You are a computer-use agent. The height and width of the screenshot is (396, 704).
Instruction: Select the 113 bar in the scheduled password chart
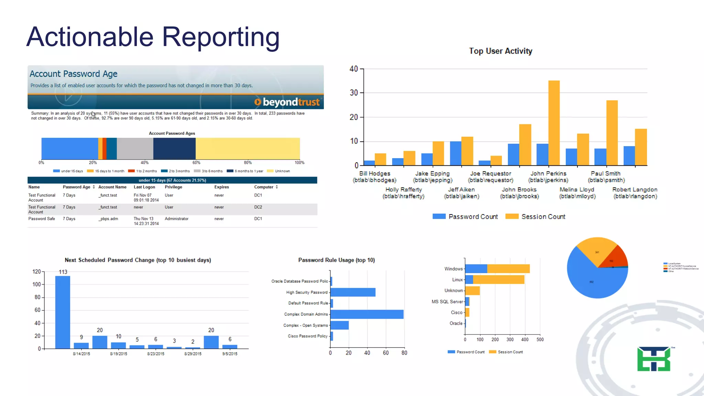pyautogui.click(x=63, y=312)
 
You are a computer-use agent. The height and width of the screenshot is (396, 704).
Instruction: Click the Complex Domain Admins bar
pyautogui.click(x=367, y=314)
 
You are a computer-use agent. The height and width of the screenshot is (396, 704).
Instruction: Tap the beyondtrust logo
pyautogui.click(x=287, y=102)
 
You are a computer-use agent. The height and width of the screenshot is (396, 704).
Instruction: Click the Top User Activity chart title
pyautogui.click(x=500, y=51)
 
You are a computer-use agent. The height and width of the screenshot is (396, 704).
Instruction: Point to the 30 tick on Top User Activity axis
pyautogui.click(x=354, y=93)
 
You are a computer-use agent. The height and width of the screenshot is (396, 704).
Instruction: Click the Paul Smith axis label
pyautogui.click(x=606, y=177)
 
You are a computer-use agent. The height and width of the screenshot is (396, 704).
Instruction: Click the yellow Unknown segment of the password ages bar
pyautogui.click(x=247, y=148)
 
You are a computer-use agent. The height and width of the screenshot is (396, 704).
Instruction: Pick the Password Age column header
pyautogui.click(x=76, y=187)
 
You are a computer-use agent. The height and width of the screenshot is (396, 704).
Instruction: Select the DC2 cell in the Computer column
pyautogui.click(x=258, y=207)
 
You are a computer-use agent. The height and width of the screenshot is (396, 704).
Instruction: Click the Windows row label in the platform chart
pyautogui.click(x=453, y=269)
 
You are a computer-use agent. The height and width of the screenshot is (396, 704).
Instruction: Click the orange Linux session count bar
pyautogui.click(x=498, y=279)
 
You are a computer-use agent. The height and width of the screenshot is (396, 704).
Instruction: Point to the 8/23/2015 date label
pyautogui.click(x=156, y=354)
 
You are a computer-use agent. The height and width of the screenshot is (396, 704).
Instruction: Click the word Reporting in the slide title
pyautogui.click(x=220, y=37)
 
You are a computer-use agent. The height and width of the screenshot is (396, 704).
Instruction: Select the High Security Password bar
pyautogui.click(x=353, y=292)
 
